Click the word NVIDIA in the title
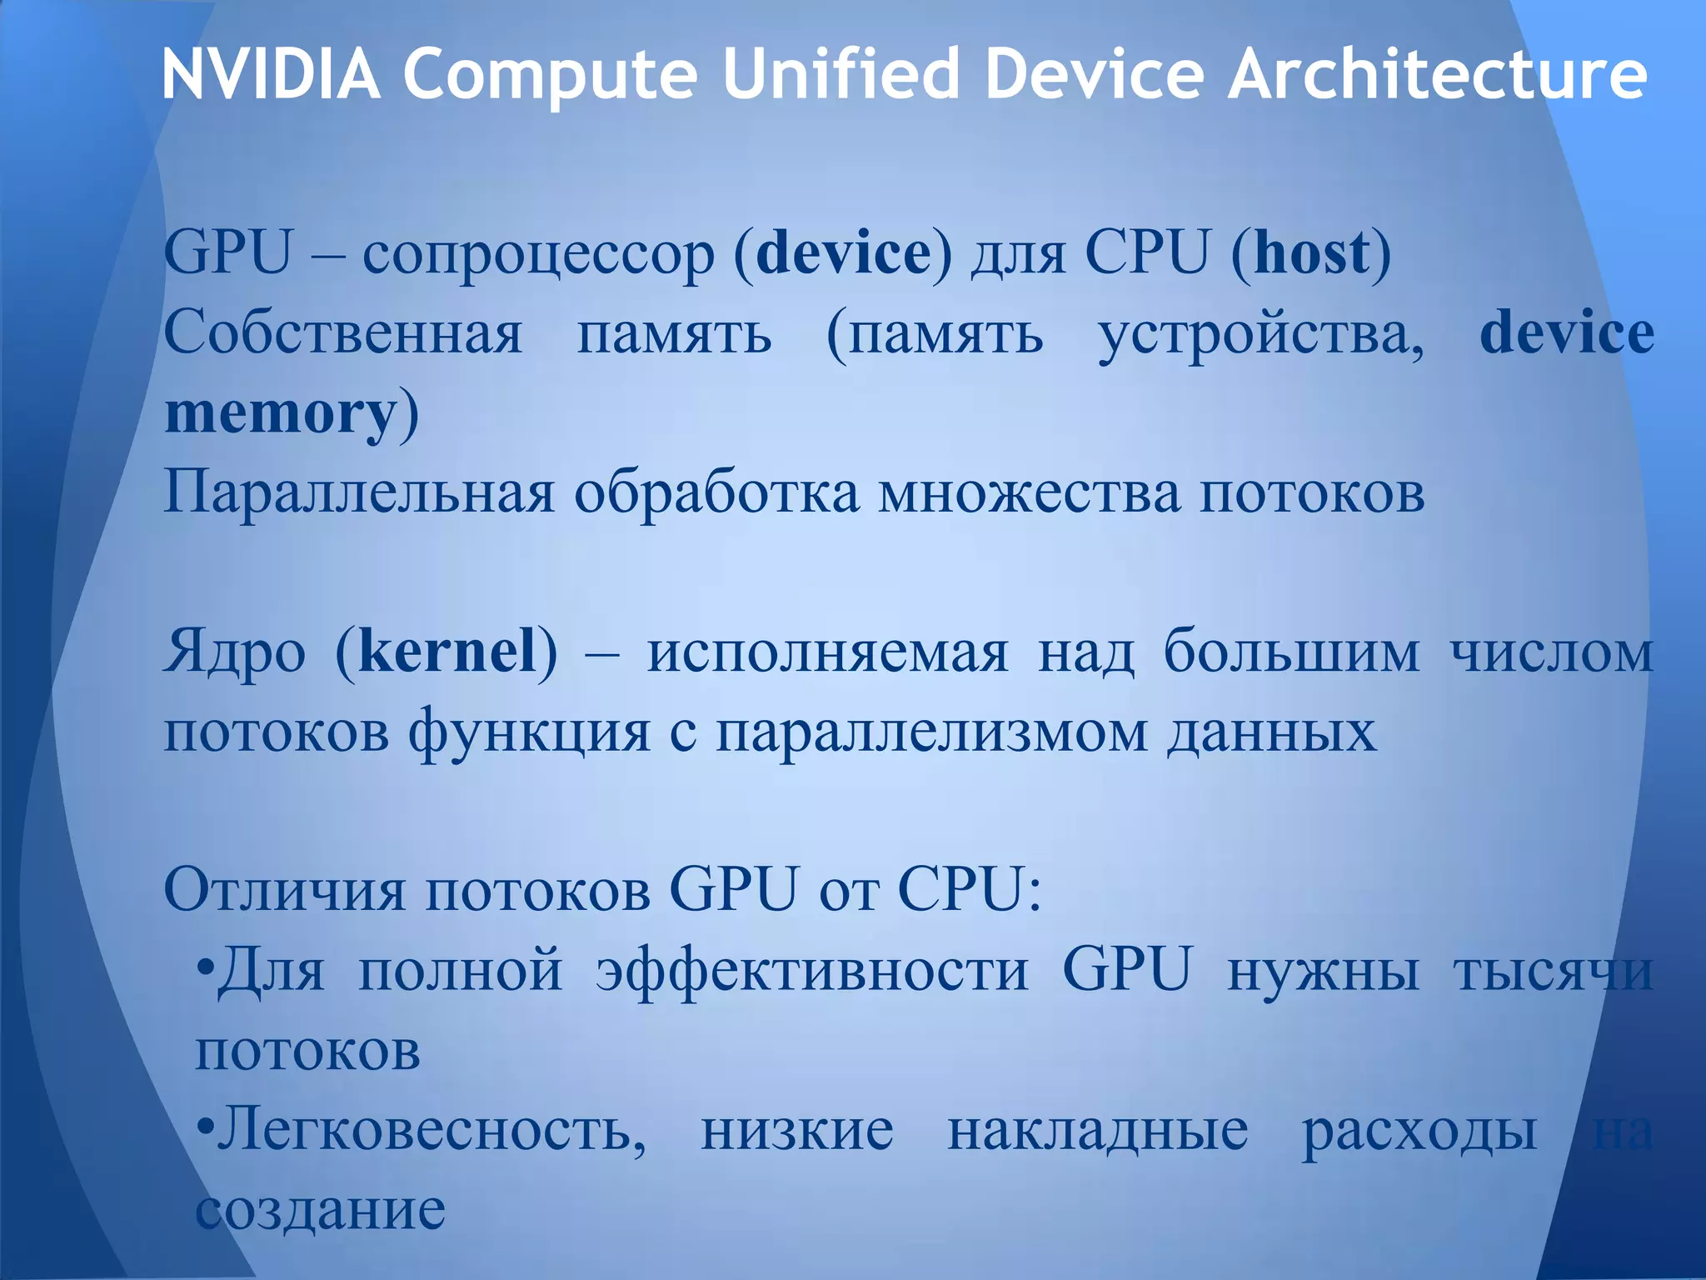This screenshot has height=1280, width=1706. coord(271,75)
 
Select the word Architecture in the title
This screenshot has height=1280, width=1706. coord(1436,75)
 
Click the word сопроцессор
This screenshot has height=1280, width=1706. coord(538,254)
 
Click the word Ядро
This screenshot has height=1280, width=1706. coord(235,653)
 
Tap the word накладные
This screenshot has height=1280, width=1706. coord(1098,1132)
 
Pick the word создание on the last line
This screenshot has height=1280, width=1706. coord(321,1211)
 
